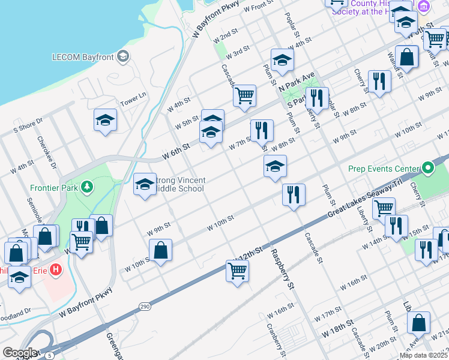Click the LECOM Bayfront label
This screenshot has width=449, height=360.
coord(83,57)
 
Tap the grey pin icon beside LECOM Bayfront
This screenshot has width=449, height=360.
coord(123,57)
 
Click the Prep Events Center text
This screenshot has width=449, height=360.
coord(384,169)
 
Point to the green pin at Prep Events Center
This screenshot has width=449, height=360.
coord(427,169)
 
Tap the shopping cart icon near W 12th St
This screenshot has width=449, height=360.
coord(237,271)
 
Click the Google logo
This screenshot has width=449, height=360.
coord(20,353)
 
